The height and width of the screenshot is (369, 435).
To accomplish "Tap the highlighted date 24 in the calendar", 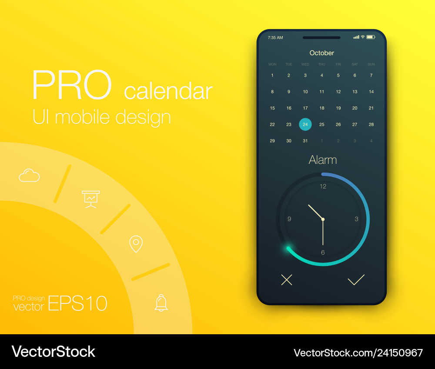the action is [305, 124].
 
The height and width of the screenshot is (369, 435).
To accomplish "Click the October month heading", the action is [321, 53].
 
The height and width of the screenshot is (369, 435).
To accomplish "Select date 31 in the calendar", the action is [305, 141].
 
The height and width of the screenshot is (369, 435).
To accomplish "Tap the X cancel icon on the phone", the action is [287, 280].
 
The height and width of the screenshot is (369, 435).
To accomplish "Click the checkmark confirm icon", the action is [356, 280].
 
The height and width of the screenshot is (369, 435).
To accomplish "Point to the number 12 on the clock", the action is [323, 186].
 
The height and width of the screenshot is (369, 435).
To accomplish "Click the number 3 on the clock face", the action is [357, 219].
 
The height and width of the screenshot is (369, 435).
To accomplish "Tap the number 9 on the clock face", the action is [289, 219].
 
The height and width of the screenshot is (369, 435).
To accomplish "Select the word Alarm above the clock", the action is [323, 160].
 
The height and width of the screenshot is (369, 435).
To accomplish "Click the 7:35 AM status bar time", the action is [275, 38].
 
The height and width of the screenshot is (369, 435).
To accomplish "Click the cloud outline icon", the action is [29, 175].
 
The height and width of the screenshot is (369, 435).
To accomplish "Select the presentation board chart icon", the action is [91, 199].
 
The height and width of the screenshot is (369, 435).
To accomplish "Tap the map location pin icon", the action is [136, 244].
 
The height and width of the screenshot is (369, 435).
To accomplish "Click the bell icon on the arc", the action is [161, 303].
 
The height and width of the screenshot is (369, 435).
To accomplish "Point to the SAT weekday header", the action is [355, 64].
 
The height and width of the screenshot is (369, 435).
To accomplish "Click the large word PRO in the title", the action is [72, 85].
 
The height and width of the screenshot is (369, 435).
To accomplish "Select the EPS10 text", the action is [77, 303].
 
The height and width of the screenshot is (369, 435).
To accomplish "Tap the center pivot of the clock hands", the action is [323, 219].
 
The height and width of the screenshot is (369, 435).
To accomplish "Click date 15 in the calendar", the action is [272, 108].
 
